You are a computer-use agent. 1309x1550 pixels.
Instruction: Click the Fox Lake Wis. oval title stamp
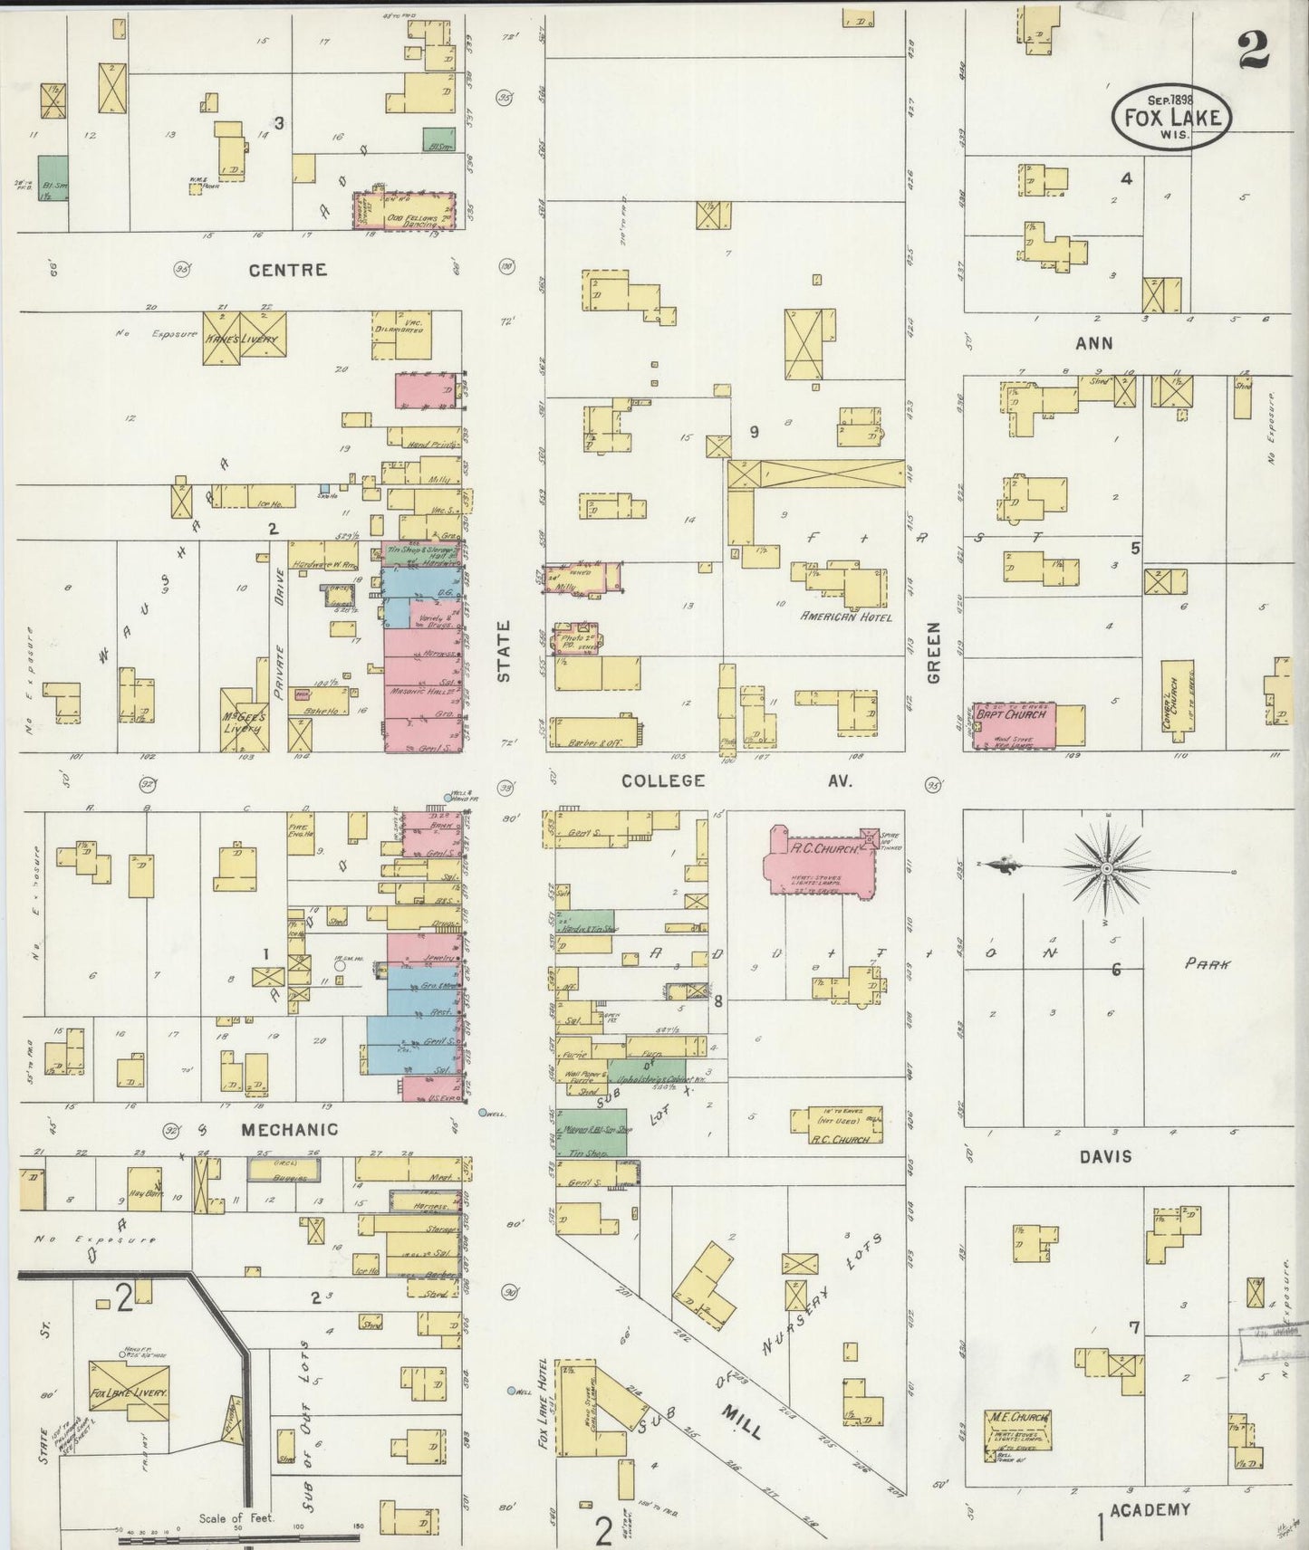1172,116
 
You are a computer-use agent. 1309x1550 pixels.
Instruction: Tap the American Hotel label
845,617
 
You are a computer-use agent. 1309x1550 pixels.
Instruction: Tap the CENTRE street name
287,270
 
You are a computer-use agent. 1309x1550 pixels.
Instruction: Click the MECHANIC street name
289,1129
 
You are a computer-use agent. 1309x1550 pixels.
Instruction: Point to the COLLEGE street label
662,780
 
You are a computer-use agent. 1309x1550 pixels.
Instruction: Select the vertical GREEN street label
934,652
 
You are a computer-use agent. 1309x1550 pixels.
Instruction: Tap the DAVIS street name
1105,1156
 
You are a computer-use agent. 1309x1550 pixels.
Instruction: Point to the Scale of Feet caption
239,1518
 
